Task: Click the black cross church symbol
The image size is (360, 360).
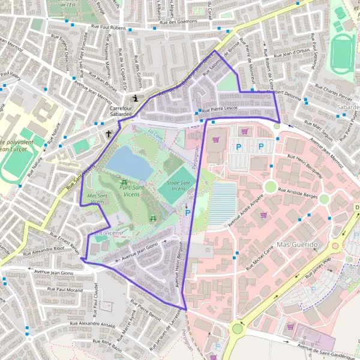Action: [109, 134]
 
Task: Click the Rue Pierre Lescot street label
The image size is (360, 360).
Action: [220, 109]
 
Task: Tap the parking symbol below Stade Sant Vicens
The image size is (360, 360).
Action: [187, 213]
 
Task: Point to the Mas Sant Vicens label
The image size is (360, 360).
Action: [97, 199]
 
